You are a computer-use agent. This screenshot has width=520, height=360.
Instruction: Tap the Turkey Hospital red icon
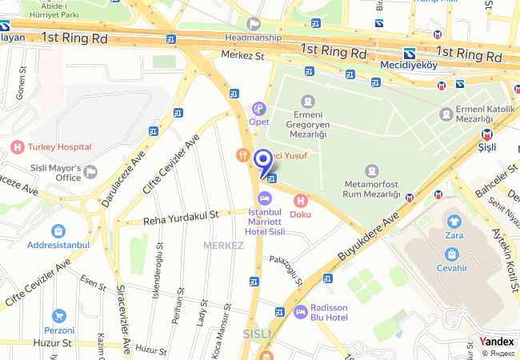coord(18,146)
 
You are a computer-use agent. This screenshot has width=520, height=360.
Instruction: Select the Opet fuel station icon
coord(258,108)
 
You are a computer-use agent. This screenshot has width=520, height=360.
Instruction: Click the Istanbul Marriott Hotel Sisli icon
coord(266,198)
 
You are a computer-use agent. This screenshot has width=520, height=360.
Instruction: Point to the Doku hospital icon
coord(301,200)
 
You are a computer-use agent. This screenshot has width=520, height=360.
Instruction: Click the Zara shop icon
coord(454,221)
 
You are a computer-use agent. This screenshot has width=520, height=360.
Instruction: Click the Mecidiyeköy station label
coord(409,65)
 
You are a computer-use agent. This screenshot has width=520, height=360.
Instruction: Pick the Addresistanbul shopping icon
coord(58,230)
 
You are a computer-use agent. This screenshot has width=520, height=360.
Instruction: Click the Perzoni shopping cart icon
coord(58,316)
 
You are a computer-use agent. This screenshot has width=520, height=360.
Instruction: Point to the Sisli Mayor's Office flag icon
coord(90,171)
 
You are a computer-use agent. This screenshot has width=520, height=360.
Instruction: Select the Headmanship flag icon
coord(254,24)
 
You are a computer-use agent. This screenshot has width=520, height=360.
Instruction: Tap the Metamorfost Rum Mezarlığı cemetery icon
coord(371,171)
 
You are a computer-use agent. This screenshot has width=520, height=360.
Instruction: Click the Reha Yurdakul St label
coord(181,216)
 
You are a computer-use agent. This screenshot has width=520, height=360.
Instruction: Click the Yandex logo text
coord(497,342)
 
